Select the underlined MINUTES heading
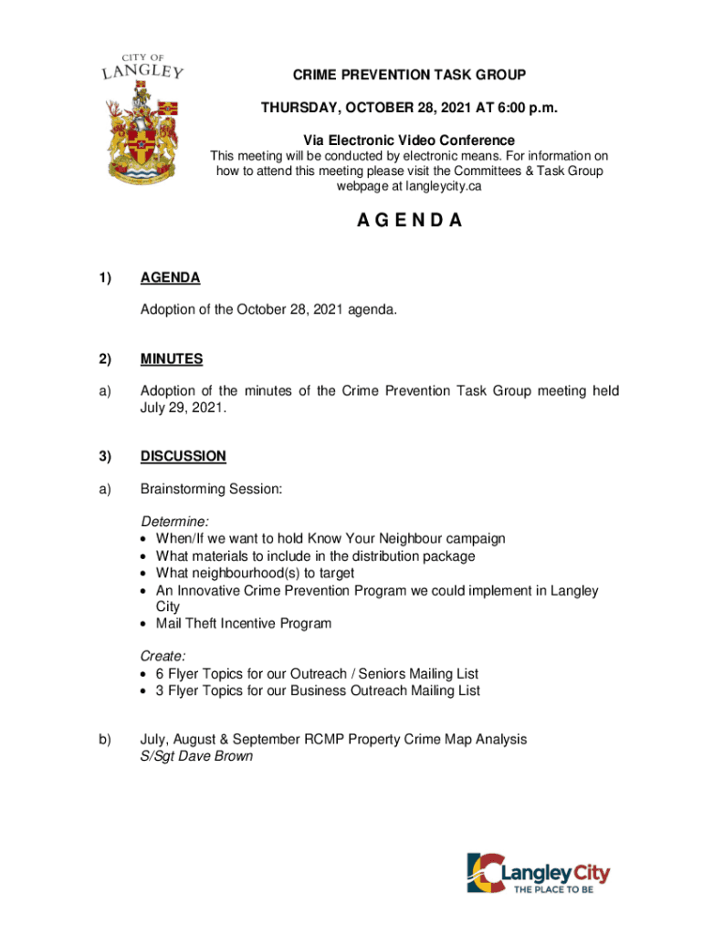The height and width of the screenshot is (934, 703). tap(172, 359)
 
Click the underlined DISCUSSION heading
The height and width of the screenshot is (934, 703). tap(183, 456)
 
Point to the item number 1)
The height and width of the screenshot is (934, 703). tap(110, 278)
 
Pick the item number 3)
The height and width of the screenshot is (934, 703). tap(110, 456)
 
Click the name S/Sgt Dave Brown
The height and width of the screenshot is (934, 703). tap(195, 756)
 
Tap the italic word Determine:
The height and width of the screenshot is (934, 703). tap(174, 522)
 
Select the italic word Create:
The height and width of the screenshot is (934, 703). tap(163, 657)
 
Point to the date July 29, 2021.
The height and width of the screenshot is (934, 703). tap(181, 409)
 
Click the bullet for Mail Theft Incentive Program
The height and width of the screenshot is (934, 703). tap(146, 625)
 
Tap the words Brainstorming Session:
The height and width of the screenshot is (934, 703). tap(211, 490)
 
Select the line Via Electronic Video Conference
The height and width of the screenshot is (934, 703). tap(408, 140)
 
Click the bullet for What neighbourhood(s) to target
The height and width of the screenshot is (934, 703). tap(146, 574)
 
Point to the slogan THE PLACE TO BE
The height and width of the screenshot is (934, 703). tap(559, 891)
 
